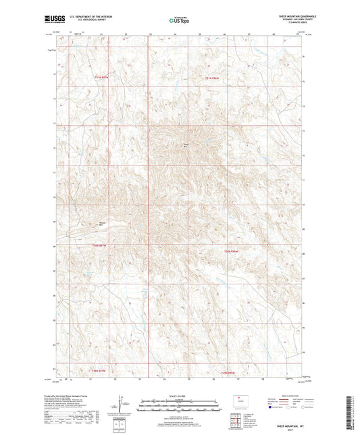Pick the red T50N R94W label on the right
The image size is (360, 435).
click(232, 251)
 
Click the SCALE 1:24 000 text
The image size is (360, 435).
click(180, 396)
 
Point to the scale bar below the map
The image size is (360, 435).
click(180, 405)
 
